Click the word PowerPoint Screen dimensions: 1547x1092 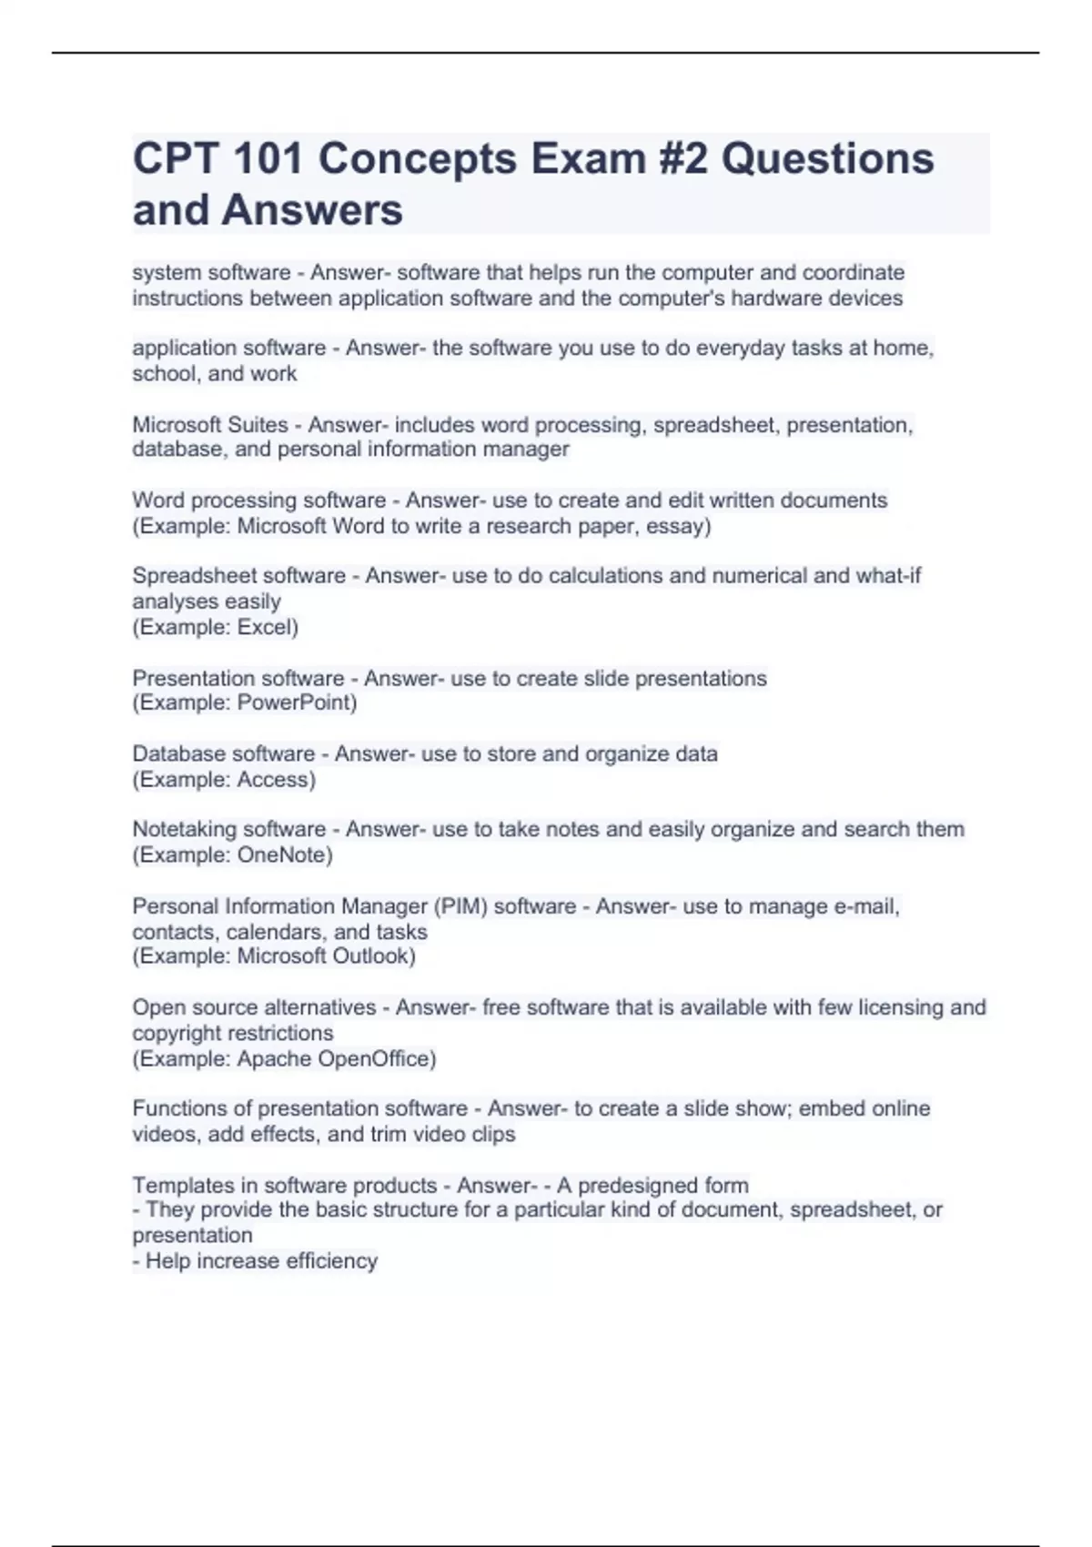pyautogui.click(x=296, y=703)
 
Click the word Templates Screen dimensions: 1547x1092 pyautogui.click(x=182, y=1186)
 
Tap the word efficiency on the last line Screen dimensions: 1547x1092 pyautogui.click(x=331, y=1261)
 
